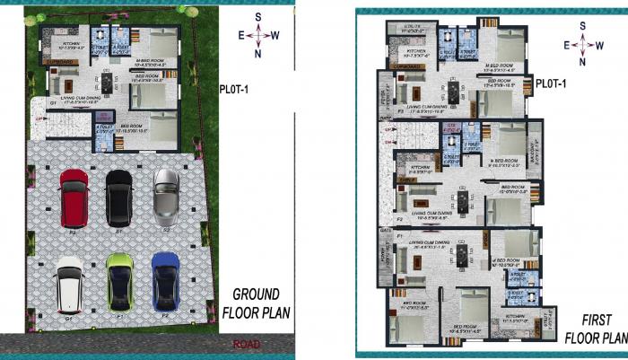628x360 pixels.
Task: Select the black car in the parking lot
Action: [119, 195]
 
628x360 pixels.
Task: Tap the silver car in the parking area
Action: [167, 195]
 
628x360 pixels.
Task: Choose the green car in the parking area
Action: [118, 281]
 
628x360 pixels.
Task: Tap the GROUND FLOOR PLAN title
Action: [256, 304]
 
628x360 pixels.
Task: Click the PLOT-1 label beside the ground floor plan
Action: [237, 88]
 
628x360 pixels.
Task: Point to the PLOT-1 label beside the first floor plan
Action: [552, 84]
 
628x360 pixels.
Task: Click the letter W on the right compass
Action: [599, 44]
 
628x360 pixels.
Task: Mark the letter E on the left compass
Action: [242, 35]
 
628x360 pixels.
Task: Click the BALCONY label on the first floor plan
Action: [529, 148]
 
